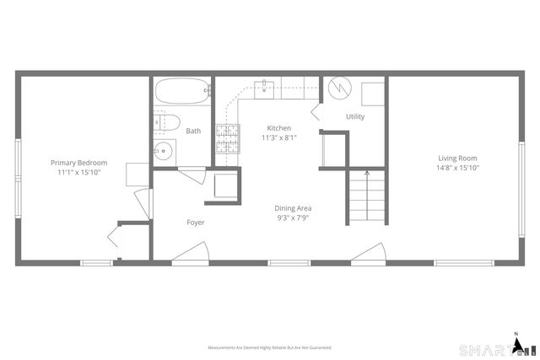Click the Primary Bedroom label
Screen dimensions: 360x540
coord(79,162)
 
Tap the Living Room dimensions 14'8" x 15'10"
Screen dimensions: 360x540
coord(457,168)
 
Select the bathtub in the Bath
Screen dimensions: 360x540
coord(182,91)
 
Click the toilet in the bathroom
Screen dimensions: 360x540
coord(165,121)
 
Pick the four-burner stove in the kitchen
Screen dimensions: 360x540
coord(226,137)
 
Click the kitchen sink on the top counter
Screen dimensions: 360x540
coord(265,86)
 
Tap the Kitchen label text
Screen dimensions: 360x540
coord(278,128)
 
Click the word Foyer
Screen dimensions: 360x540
coord(196,223)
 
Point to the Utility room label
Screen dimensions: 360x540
coord(355,116)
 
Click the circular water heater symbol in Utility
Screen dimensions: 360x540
coord(339,88)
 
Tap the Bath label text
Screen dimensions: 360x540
coord(193,131)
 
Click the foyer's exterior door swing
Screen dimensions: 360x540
coord(192,253)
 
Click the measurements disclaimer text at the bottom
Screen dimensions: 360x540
coord(270,347)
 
